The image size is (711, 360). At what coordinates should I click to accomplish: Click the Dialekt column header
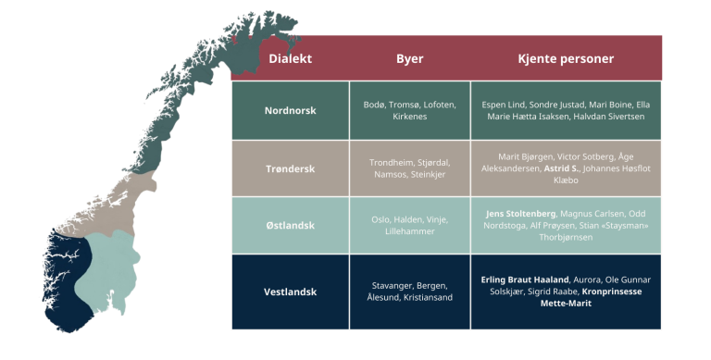coord(290,58)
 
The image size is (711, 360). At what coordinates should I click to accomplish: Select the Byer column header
coord(409,58)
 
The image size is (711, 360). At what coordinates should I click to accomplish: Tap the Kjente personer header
coord(566,58)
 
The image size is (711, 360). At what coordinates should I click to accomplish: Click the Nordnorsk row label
coord(290,110)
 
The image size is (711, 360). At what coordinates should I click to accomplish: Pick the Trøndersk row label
coord(290,168)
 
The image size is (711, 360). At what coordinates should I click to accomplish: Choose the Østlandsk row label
coord(290,226)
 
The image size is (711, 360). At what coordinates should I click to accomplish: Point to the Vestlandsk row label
coord(290,292)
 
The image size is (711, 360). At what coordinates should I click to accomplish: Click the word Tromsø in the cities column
coord(406,105)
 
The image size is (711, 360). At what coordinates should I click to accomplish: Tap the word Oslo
coord(382,219)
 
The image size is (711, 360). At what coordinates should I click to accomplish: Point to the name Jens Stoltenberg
coord(520,213)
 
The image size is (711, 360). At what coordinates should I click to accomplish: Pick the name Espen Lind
coord(505,105)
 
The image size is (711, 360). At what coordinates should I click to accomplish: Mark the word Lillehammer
coord(409,231)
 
